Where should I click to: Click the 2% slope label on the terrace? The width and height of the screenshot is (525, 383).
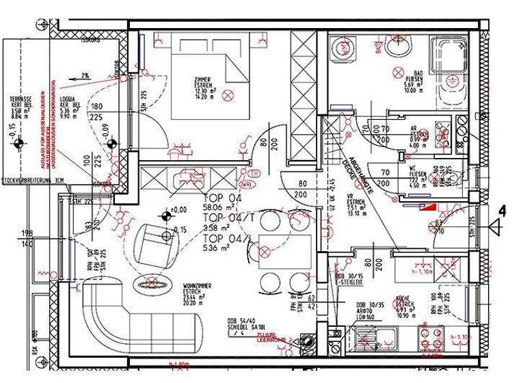(85, 75)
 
